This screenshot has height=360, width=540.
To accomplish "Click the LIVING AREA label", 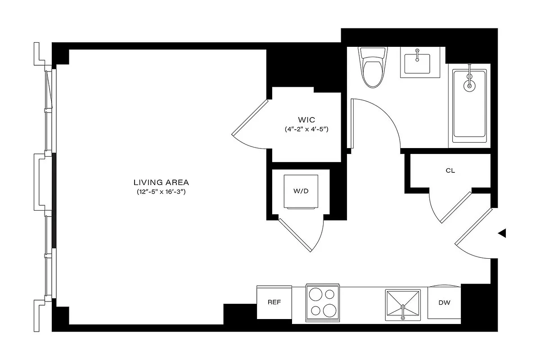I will coord(161,182).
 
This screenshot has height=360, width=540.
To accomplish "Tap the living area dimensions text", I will coord(161,192).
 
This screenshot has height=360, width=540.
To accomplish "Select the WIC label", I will coord(306,120).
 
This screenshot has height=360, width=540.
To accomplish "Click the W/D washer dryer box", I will coord(301,191).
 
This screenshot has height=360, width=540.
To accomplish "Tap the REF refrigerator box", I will coord(274,302).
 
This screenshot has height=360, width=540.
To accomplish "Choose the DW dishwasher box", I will coord(444,302).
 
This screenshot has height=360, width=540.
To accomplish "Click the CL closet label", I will coord(450,171).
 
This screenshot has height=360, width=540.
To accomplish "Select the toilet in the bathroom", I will coord(373,69).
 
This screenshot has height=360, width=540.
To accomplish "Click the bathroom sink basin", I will coord(417,63).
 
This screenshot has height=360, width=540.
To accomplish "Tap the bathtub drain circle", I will coord(469,85).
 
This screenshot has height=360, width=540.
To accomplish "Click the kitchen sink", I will coord(403,306).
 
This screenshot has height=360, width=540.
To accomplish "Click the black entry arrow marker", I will coord(503,233).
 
